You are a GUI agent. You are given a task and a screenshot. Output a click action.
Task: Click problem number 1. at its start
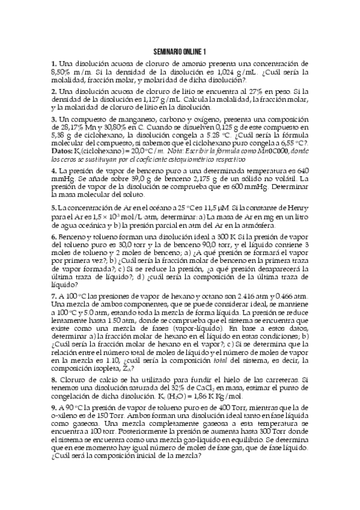[x=54, y=63]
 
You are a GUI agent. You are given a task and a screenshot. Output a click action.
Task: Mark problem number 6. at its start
[x=54, y=238]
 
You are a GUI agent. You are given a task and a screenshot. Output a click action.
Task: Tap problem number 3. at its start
[x=54, y=119]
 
